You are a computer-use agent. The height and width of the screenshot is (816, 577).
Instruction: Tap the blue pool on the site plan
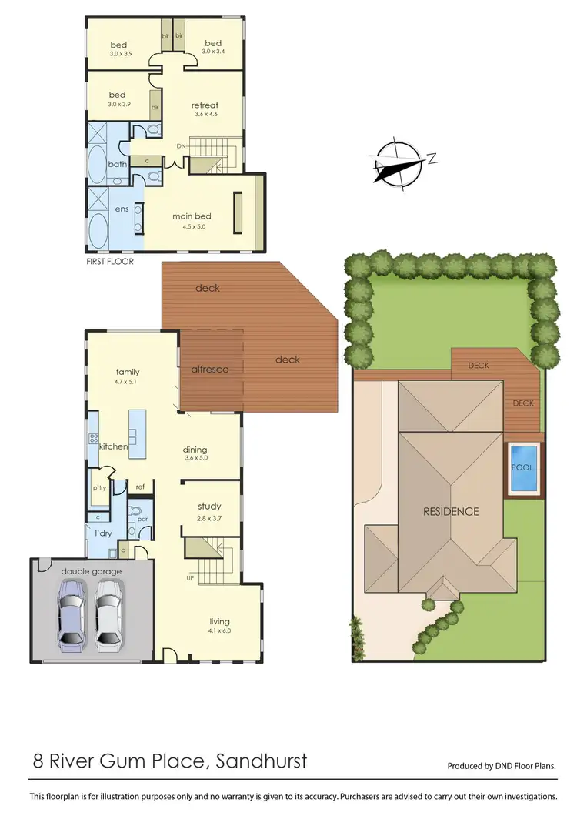point(522,467)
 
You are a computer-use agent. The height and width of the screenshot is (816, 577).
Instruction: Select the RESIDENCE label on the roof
point(451,511)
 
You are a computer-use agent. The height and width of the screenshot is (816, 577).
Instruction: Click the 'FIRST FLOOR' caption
point(110,262)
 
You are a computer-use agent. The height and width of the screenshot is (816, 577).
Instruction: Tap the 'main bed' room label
point(192,216)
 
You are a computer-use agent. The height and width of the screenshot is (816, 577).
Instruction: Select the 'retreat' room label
point(205,105)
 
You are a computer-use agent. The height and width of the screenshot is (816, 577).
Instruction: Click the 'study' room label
point(209,506)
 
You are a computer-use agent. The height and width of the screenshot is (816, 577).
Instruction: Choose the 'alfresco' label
point(210,369)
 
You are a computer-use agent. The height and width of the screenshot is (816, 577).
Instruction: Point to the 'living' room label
point(219,621)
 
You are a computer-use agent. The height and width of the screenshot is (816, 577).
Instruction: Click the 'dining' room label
point(195,450)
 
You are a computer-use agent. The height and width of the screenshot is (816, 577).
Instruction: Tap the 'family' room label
point(128,372)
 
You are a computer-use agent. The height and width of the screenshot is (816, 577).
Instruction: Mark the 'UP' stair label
point(189,577)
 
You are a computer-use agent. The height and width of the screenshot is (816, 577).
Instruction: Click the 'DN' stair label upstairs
point(182,145)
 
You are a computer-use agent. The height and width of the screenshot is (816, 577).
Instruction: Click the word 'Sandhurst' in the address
point(262,762)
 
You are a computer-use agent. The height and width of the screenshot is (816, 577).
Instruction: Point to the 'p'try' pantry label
point(98,489)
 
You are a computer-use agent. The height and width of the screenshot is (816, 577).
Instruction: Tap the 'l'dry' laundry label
point(104,534)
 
